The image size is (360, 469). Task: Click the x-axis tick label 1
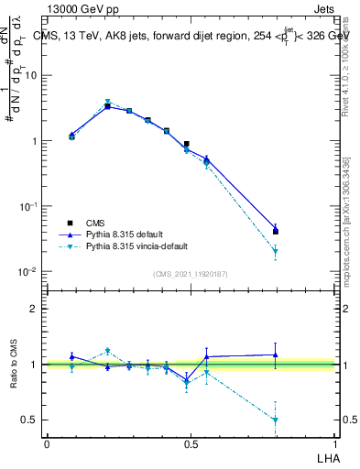[x=336, y=443]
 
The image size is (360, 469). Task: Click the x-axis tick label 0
[x=47, y=443]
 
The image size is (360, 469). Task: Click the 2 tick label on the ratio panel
[x=34, y=310]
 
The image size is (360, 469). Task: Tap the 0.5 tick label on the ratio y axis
[x=30, y=420]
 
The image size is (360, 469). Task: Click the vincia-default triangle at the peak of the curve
[x=107, y=102]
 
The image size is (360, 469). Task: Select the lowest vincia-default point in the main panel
[x=275, y=251]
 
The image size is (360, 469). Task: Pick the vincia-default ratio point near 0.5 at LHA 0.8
[x=275, y=420]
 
